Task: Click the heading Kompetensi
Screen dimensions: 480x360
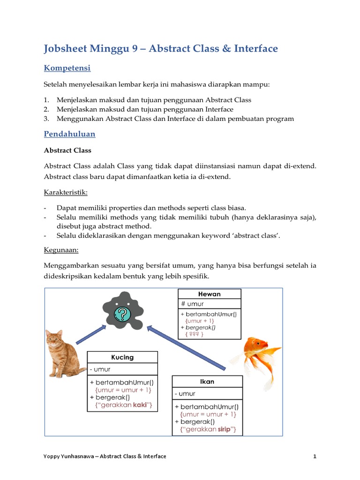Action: [67, 68]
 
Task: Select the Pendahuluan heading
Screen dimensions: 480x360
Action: [69, 134]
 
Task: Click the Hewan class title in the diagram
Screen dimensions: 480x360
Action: [210, 294]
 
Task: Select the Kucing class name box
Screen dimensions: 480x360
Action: [122, 357]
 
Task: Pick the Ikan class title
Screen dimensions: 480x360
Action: [207, 382]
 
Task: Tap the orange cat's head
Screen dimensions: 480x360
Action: [55, 338]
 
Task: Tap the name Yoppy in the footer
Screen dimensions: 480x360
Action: [52, 456]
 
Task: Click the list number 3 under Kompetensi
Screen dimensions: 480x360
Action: [46, 119]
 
